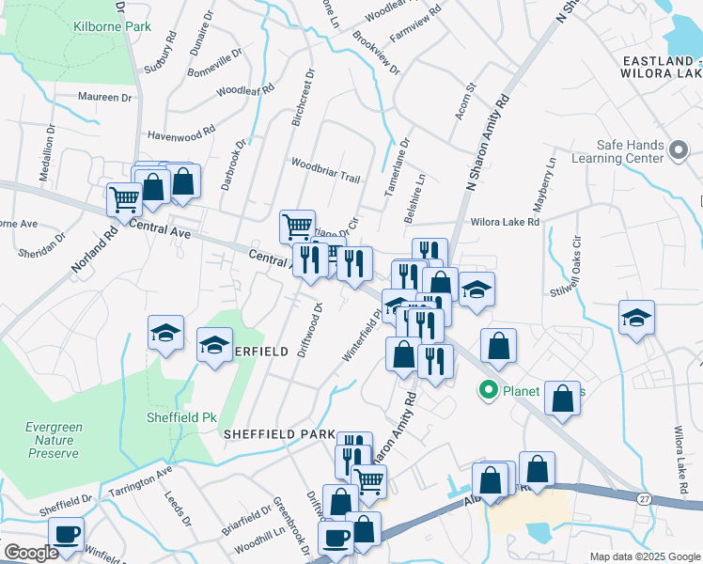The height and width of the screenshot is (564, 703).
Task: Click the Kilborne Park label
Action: point(112,26)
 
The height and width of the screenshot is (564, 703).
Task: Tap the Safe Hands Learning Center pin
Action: point(679,149)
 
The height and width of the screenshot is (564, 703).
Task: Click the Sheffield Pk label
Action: point(175,417)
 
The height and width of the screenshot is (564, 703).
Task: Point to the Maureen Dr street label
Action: point(105,97)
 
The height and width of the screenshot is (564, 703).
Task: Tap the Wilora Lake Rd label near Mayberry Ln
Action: point(506,223)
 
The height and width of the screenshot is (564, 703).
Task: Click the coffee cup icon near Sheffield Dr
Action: point(66,534)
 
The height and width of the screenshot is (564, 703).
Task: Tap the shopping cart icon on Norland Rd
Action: point(124,199)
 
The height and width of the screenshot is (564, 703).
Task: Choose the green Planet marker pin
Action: point(489,389)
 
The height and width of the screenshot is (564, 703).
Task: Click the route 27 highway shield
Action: point(643,495)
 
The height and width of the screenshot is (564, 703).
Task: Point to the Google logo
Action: point(31,553)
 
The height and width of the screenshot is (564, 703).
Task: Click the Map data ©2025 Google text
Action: point(646,556)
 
